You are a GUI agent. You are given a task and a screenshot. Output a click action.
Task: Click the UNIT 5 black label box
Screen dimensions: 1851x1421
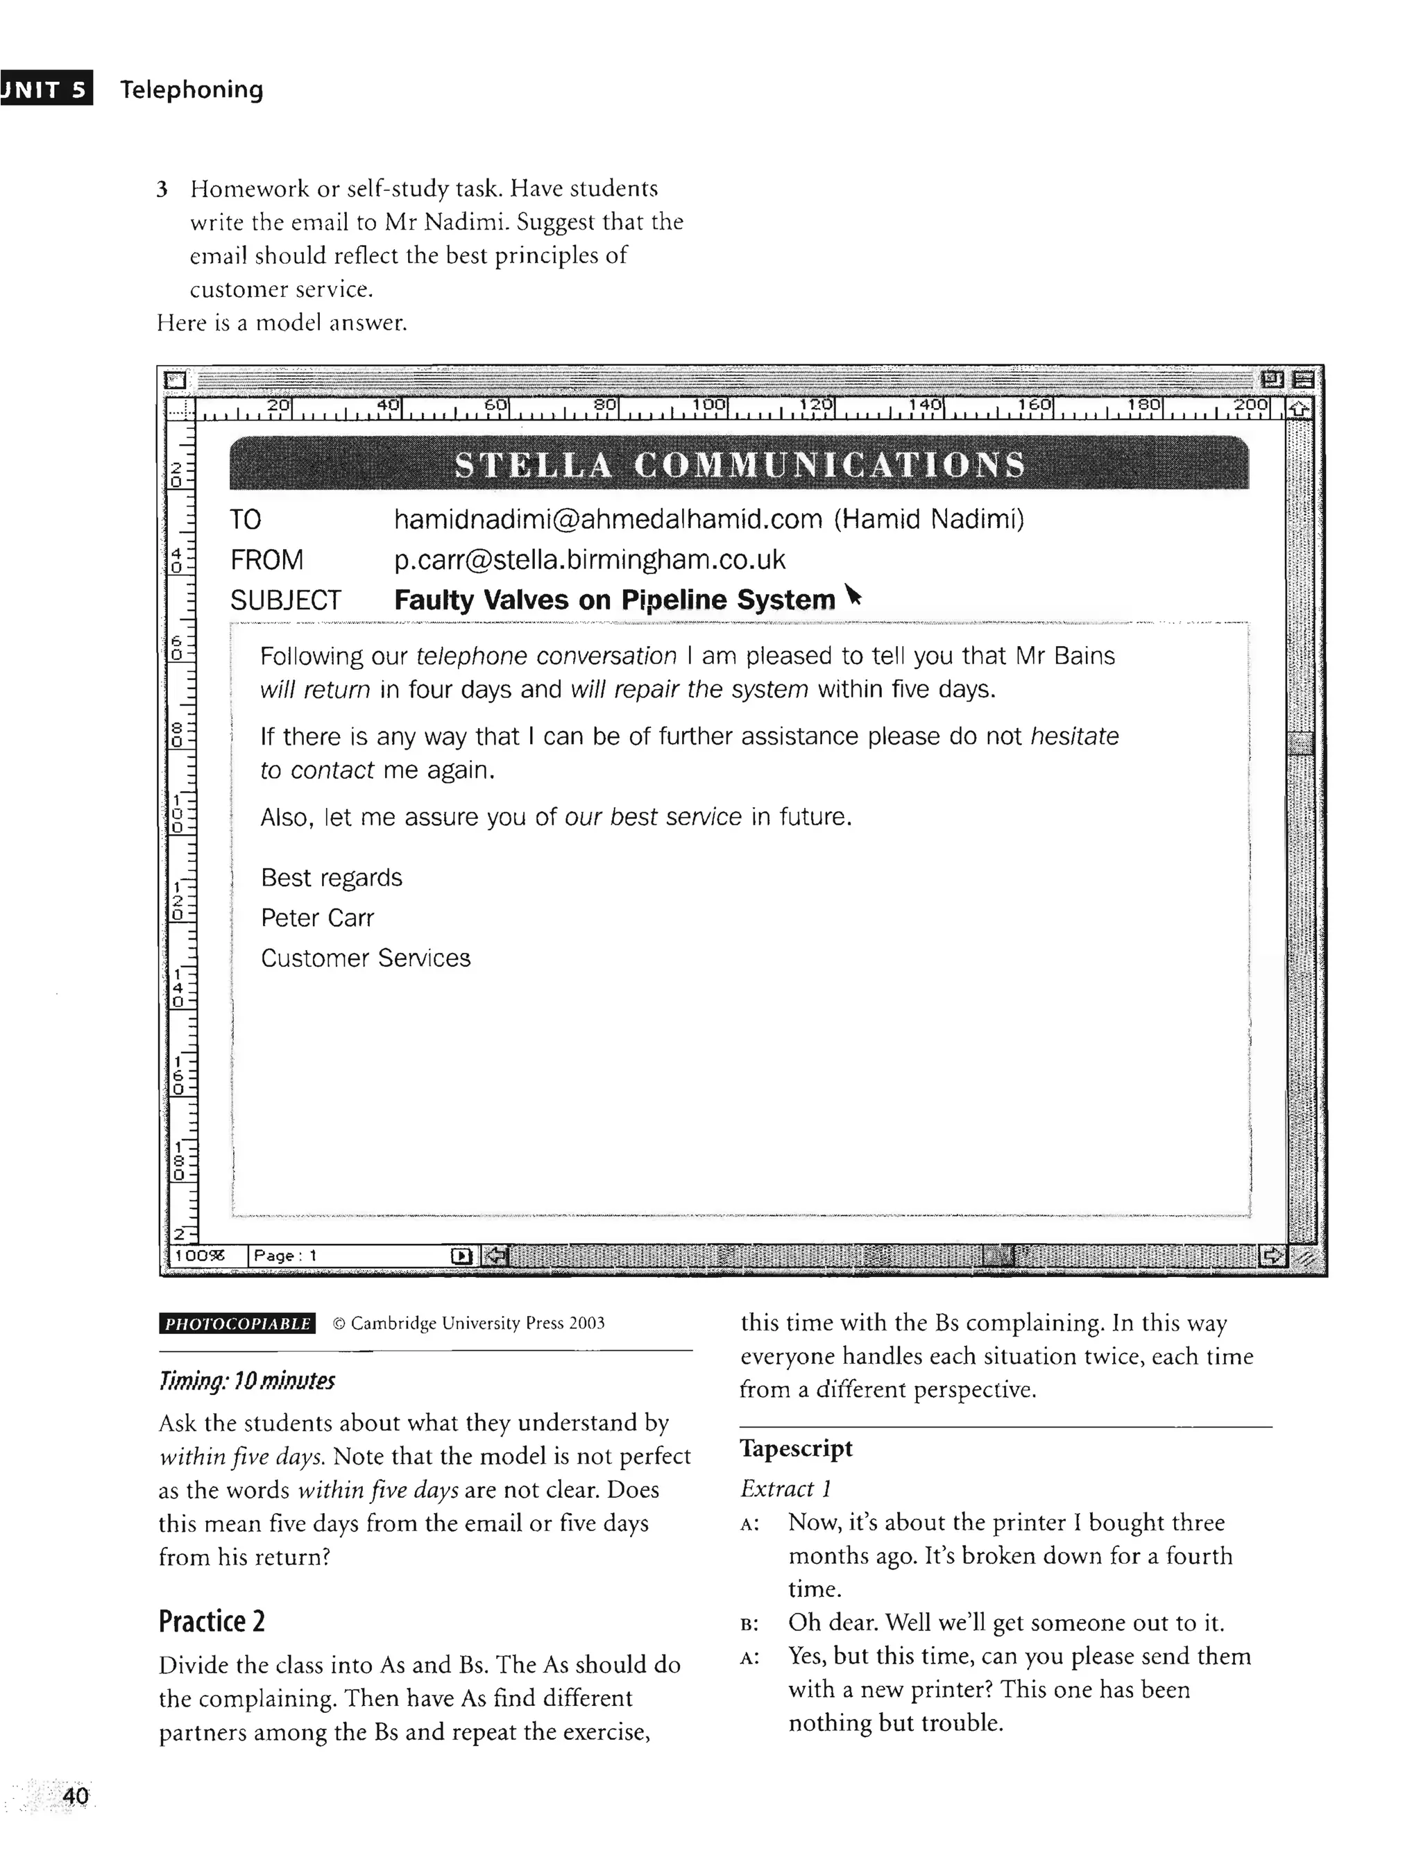point(46,89)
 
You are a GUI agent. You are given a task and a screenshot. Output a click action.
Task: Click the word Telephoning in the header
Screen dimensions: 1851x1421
point(192,90)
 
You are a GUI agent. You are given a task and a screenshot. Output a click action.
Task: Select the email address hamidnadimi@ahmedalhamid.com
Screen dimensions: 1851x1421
point(607,518)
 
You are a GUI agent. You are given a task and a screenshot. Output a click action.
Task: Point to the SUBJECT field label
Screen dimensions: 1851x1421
point(285,600)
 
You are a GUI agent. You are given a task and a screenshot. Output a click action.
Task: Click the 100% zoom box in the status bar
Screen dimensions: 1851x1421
point(201,1256)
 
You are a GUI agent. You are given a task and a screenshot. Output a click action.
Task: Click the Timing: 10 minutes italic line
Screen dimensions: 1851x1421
point(246,1381)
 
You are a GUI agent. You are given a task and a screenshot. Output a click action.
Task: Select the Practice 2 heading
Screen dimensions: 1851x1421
point(212,1621)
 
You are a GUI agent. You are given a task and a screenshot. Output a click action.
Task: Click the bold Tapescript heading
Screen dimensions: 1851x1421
point(796,1448)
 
